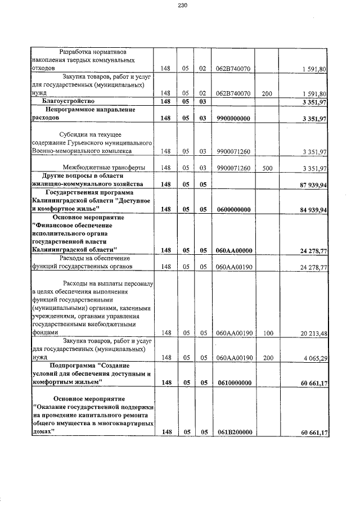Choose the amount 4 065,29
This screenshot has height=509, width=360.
point(312,357)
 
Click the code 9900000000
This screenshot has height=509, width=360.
point(233,119)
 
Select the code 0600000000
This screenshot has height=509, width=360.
point(233,209)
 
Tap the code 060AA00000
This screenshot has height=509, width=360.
point(233,250)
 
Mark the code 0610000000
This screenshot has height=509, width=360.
point(233,382)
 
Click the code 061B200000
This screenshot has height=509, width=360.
point(233,432)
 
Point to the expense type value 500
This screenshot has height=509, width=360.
point(267,168)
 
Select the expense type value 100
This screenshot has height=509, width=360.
point(267,333)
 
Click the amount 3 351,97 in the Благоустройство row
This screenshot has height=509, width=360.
point(312,102)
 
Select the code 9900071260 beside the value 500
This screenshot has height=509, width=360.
point(233,168)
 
